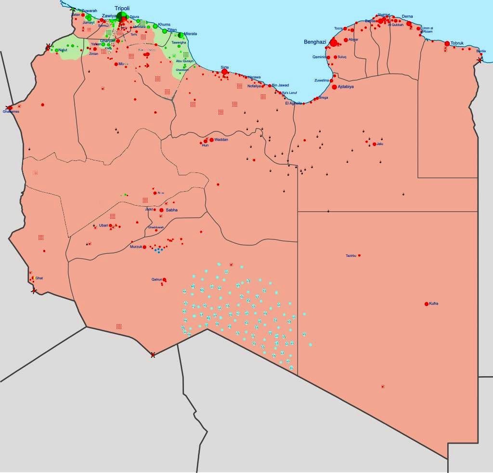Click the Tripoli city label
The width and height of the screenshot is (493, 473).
click(122, 8)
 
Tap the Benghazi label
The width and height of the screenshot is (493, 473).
click(315, 42)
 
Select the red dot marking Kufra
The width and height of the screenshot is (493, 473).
click(427, 304)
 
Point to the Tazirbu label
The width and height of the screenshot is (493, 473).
click(351, 255)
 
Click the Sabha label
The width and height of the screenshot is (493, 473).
click(171, 210)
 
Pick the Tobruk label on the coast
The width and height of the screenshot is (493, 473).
click(456, 43)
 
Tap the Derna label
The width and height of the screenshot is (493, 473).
click(407, 16)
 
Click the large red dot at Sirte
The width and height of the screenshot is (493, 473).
click(224, 72)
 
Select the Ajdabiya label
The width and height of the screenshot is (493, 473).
click(346, 87)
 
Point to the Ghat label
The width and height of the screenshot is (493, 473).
click(39, 278)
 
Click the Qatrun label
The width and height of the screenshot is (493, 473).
click(157, 279)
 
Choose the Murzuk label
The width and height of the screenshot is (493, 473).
click(136, 247)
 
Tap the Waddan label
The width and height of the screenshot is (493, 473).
click(221, 140)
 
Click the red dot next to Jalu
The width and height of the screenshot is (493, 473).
click(374, 144)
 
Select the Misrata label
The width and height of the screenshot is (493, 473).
click(190, 34)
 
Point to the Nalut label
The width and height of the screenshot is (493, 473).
click(63, 50)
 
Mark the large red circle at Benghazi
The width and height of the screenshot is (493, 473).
click(334, 43)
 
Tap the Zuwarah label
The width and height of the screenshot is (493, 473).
click(89, 11)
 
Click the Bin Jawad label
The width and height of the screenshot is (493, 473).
click(280, 85)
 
